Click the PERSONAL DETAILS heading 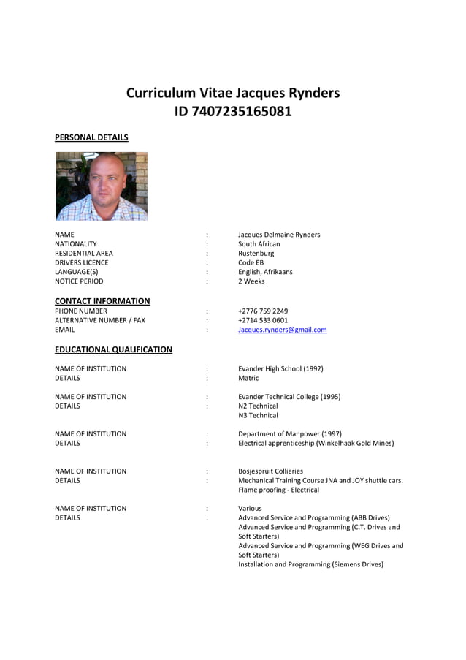pos(91,137)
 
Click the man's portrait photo pos(102,186)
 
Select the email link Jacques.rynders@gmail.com pos(282,330)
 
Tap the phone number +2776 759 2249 pos(263,311)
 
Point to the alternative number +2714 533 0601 pos(263,320)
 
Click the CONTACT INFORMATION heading pos(102,301)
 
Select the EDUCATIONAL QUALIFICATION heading pos(113,350)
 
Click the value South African pos(259,244)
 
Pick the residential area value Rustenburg pos(256,254)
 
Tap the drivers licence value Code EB pos(251,262)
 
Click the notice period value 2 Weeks pos(251,281)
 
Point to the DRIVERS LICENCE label pos(81,262)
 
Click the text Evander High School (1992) pos(280,369)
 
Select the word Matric pos(248,379)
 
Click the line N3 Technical pos(258,415)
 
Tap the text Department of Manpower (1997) pos(289,434)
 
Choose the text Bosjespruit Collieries pos(270,471)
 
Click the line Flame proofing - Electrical pos(278,490)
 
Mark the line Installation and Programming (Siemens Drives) pos(310,564)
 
